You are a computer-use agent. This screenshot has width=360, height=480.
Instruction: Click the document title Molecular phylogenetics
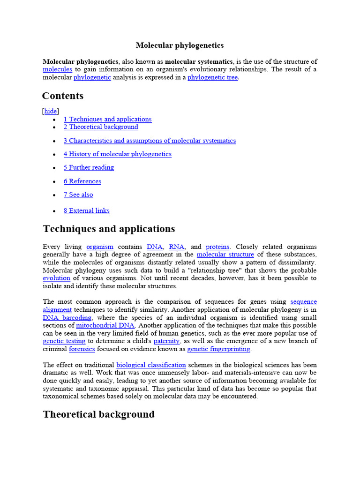[x=180, y=45]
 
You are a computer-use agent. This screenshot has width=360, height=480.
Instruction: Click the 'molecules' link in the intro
[x=57, y=69]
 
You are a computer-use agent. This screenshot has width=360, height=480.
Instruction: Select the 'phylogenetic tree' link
[x=212, y=77]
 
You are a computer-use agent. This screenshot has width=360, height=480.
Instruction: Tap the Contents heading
[x=63, y=96]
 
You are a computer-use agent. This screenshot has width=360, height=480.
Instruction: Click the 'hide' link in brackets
[x=51, y=111]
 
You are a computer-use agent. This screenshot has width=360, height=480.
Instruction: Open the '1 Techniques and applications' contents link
[x=107, y=119]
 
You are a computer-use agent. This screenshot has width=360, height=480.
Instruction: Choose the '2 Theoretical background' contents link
[x=101, y=127]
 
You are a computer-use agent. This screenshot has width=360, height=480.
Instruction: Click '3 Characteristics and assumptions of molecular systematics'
[x=150, y=141]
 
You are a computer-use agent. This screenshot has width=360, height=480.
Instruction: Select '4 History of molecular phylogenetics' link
[x=117, y=154]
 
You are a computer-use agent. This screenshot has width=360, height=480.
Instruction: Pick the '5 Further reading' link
[x=89, y=167]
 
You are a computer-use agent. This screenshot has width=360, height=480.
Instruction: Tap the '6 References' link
[x=82, y=181]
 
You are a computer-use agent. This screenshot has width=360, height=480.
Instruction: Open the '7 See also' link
[x=78, y=195]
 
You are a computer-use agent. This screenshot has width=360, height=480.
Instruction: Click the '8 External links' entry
[x=86, y=211]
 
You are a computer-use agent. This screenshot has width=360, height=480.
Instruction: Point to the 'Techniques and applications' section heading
[x=109, y=229]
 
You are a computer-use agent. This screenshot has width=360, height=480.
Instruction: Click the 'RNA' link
[x=177, y=247]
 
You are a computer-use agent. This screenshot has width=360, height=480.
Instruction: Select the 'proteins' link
[x=217, y=247]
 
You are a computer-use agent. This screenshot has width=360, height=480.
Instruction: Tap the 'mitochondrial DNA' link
[x=105, y=325]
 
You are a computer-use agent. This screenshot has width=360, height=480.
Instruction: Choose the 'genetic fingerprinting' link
[x=219, y=349]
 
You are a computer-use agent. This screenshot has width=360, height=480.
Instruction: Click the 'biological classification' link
[x=151, y=365]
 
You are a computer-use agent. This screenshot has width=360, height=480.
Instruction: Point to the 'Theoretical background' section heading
[x=98, y=414]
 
